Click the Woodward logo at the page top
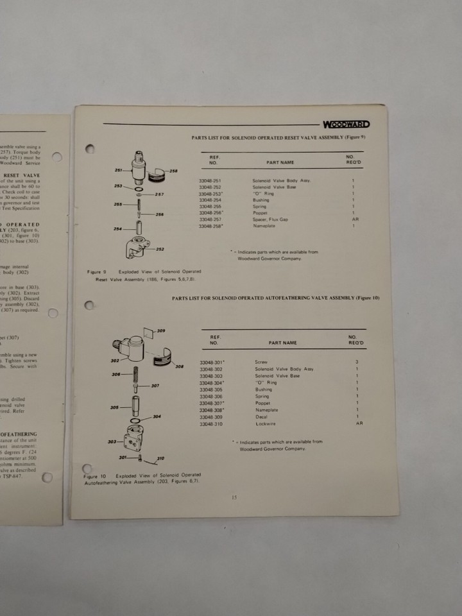click(346, 124)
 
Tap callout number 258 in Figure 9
click(174, 171)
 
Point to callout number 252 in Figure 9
click(160, 249)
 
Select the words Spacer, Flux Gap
click(266, 219)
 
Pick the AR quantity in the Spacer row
click(354, 219)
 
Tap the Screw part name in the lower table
click(261, 362)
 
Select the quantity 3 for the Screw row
click(357, 362)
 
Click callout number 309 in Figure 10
click(162, 330)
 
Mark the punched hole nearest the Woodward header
click(90, 150)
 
